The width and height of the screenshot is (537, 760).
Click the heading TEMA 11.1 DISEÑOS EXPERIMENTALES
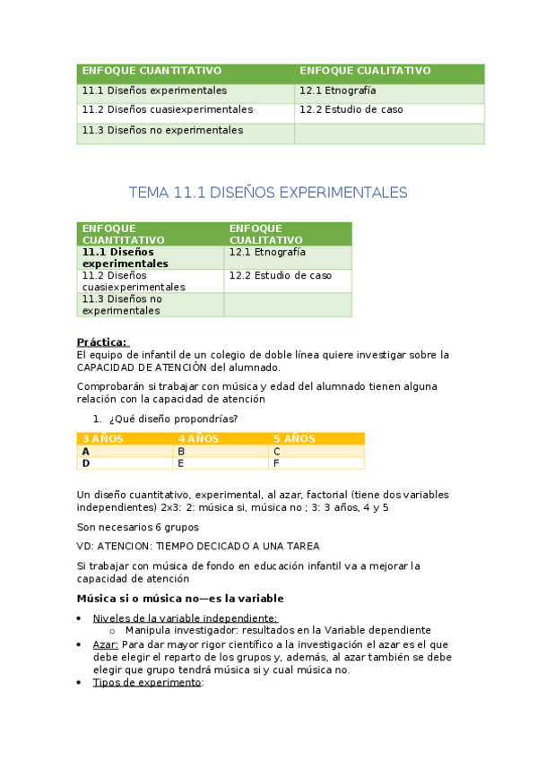pos(268,193)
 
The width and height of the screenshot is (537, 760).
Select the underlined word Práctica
pos(102,341)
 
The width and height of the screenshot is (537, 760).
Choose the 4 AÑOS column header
pos(196,438)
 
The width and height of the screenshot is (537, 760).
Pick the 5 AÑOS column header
pos(294,438)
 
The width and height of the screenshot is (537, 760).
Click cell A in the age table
pos(86,452)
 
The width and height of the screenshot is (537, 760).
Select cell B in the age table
pos(181,452)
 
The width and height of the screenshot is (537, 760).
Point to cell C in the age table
pos(277,452)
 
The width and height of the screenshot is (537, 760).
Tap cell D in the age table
pos(86,463)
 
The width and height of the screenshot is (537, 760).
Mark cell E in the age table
pos(181,463)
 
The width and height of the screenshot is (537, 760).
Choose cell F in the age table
pos(277,463)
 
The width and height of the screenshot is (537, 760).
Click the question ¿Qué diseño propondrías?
pos(173,419)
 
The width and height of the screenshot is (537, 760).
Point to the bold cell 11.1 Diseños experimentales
pos(125,258)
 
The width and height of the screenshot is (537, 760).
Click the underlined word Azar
pos(105,643)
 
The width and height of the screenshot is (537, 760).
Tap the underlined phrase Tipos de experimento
pos(147,682)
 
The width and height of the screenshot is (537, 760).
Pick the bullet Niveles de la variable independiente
pos(185,618)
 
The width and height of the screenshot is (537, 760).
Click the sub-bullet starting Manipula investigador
pos(278,631)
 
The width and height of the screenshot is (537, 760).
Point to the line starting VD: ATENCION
pos(198,546)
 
